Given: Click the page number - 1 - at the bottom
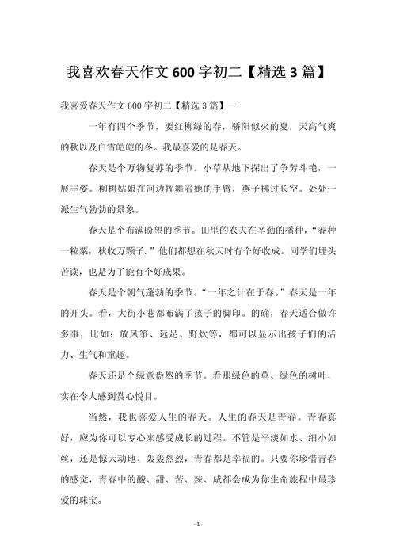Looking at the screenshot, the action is [x=199, y=546].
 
